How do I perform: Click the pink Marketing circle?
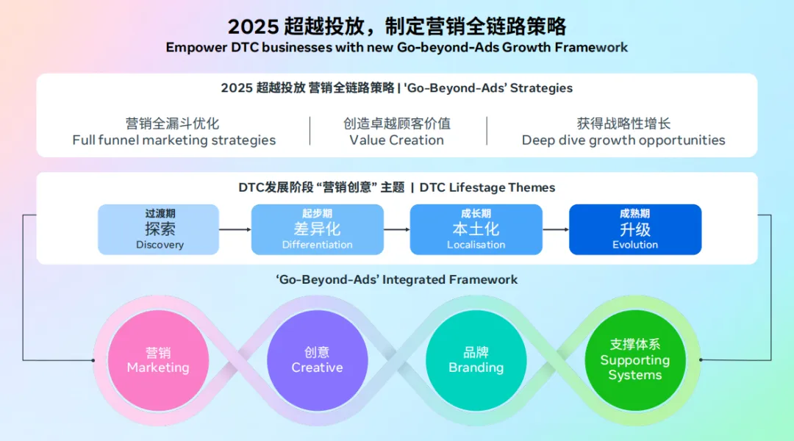coord(158,360)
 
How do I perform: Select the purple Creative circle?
coord(317,360)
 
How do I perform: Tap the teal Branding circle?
coord(476,360)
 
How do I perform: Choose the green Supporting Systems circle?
coord(634,360)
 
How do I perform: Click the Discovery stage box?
coord(159,229)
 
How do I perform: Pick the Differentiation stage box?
coord(317,229)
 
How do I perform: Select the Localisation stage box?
coord(476,229)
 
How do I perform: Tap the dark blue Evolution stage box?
coord(635,229)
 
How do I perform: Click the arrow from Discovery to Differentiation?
coord(235,229)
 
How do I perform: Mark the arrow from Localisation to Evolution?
coord(556,229)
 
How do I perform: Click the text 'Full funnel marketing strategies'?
coord(174,140)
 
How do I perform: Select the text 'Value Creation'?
coord(397,140)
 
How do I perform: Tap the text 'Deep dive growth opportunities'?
coord(623,140)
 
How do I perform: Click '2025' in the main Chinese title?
coord(253,27)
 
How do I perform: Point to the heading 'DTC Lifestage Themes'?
coord(487,187)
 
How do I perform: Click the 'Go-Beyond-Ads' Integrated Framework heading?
coord(397,279)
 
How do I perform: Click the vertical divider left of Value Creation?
coord(310,131)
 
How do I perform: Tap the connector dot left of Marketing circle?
coord(93,360)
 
